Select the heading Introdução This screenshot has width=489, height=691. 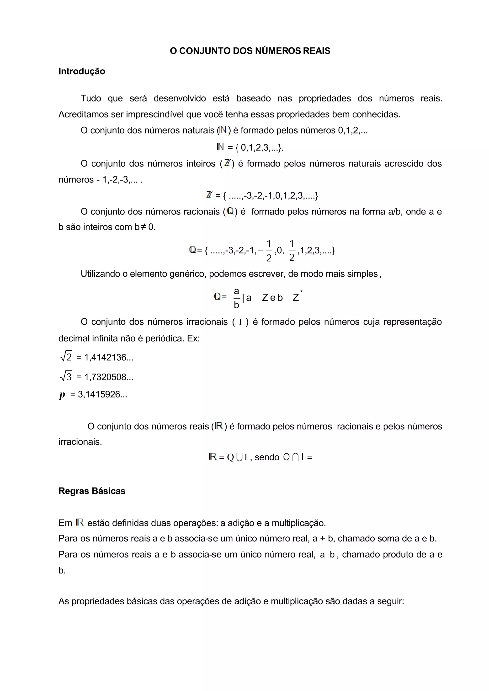(82, 71)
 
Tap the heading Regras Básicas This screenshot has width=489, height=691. (92, 491)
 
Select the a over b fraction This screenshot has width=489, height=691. (236, 298)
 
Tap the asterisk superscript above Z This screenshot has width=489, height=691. (301, 292)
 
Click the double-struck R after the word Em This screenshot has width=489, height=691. (80, 522)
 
